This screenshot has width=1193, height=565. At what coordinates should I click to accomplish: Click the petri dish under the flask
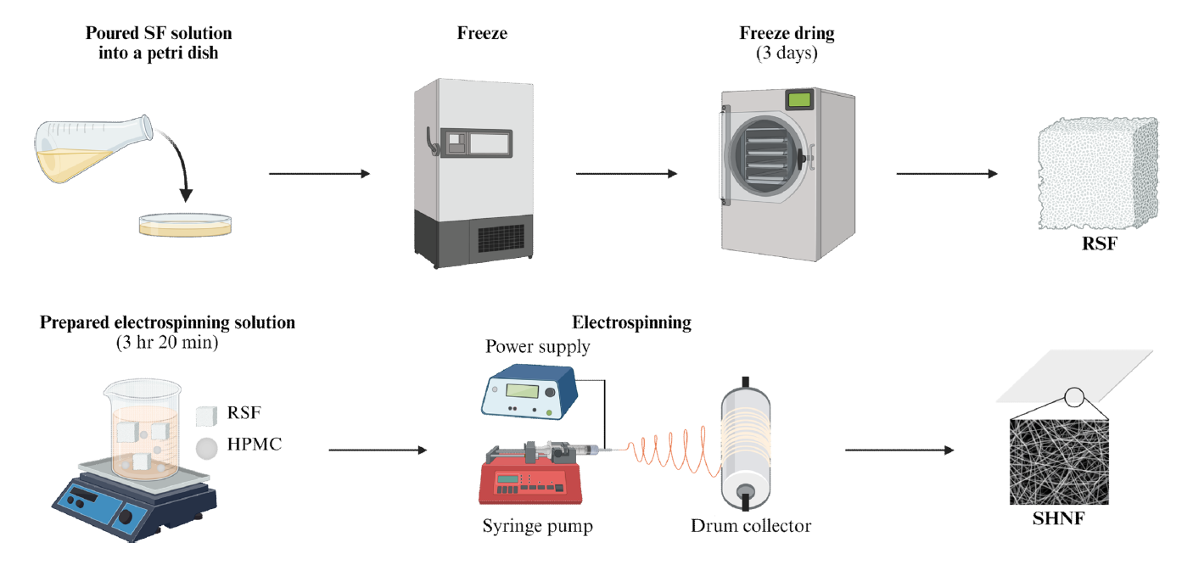click(x=187, y=223)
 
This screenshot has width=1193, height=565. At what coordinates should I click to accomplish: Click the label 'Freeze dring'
click(x=787, y=34)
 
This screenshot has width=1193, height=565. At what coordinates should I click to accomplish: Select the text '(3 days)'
click(x=787, y=53)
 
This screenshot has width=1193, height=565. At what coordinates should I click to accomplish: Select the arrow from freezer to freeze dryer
click(x=626, y=174)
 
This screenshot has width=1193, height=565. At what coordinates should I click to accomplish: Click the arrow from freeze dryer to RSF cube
click(x=946, y=174)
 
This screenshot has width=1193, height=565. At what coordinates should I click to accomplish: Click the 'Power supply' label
click(x=538, y=346)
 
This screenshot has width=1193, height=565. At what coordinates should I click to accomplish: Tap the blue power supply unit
click(x=528, y=392)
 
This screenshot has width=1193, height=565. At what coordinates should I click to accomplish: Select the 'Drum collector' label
click(x=750, y=526)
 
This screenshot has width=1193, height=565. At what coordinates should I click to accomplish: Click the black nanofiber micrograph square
click(x=1063, y=462)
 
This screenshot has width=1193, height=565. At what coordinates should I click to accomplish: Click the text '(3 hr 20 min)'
click(x=167, y=344)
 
